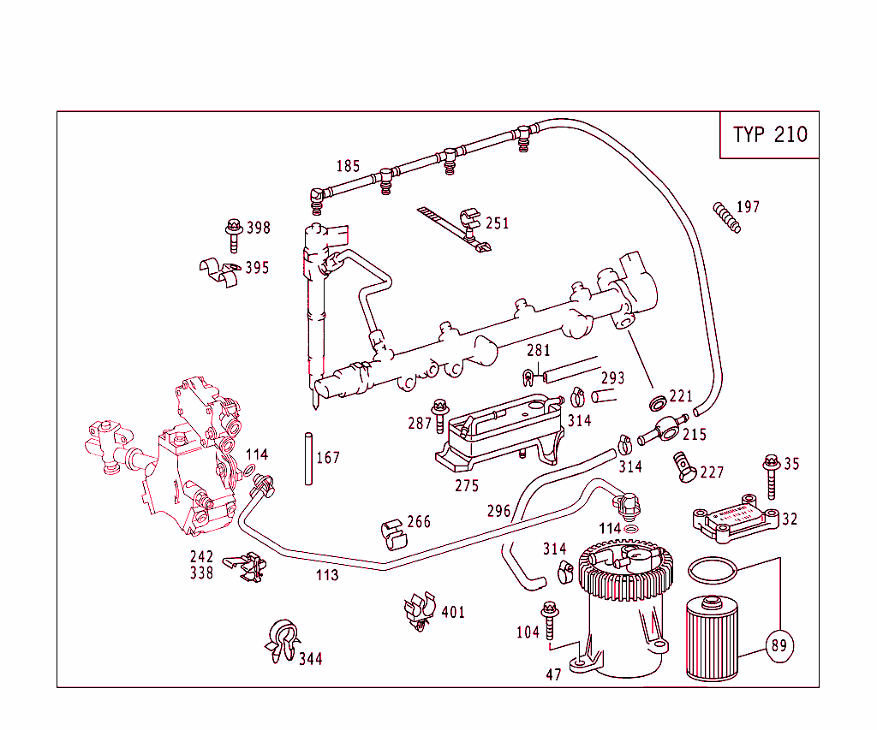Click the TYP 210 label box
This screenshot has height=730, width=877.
click(769, 135)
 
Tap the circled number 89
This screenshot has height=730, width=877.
click(778, 645)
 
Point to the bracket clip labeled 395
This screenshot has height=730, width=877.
click(219, 273)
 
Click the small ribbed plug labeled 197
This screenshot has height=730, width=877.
click(726, 217)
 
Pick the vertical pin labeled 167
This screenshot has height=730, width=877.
click(307, 460)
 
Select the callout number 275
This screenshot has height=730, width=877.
click(467, 486)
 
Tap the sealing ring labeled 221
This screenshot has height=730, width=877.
click(657, 402)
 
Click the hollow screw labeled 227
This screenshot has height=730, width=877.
click(684, 466)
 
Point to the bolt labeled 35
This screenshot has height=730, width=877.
click(771, 476)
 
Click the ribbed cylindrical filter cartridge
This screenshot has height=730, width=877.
click(713, 638)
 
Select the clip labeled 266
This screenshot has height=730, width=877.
click(391, 531)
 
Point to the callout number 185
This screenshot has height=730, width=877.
click(348, 167)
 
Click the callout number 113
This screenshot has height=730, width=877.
click(327, 575)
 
